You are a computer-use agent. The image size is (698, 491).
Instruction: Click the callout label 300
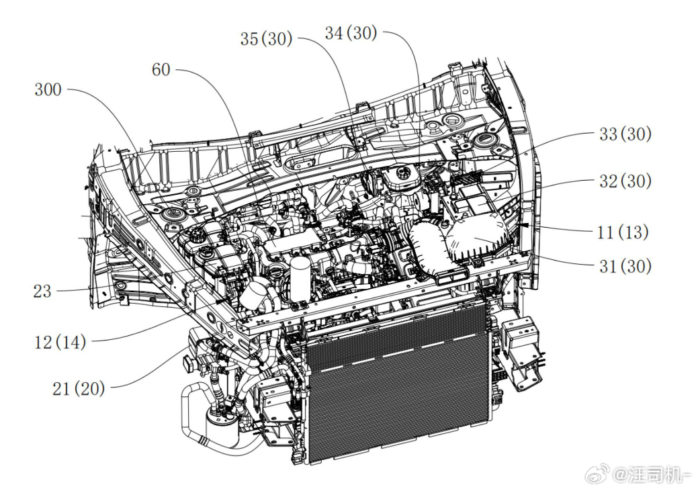point(48,90)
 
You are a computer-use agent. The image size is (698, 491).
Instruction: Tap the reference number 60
point(161,70)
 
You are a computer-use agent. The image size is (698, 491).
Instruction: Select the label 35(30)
point(266,39)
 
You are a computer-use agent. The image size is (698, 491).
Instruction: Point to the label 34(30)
point(351,33)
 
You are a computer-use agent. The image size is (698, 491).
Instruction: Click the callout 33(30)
point(625,134)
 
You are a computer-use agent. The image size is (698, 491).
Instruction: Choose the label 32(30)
point(625,181)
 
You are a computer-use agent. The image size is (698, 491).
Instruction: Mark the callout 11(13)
point(622,232)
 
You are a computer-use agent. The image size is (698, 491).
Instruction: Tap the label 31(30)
point(625,266)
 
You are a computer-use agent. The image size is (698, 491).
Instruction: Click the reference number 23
point(42,292)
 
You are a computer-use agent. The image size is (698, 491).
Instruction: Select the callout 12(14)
point(60,343)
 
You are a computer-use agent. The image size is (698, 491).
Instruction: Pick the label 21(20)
point(79,389)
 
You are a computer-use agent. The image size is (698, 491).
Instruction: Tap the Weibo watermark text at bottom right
point(654,476)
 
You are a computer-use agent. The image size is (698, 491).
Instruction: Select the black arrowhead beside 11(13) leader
point(524,225)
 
